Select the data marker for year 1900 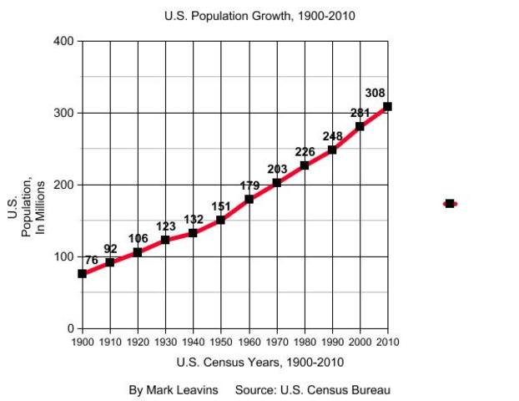click(x=82, y=274)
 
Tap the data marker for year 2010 click(x=387, y=107)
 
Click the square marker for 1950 click(x=220, y=220)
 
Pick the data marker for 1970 click(x=276, y=182)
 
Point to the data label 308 click(x=375, y=93)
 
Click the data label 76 click(x=91, y=261)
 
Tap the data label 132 click(x=194, y=219)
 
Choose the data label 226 click(x=305, y=151)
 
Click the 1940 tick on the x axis click(x=193, y=342)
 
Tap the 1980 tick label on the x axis click(x=304, y=342)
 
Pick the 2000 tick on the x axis click(x=360, y=342)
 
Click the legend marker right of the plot click(x=450, y=203)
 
